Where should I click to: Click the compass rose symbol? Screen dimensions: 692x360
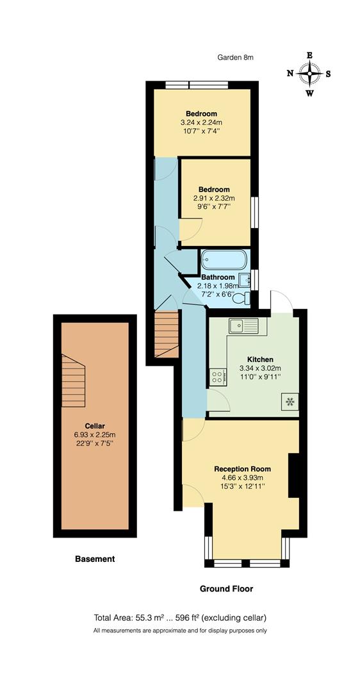coord(309,74)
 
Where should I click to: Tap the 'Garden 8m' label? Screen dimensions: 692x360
coord(235,57)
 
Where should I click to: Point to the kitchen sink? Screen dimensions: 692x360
coord(243,325)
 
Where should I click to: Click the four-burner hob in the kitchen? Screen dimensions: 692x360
coord(218,377)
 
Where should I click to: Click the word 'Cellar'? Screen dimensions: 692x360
coord(94,426)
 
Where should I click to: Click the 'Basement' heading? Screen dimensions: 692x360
coord(95,559)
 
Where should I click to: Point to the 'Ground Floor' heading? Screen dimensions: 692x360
coord(226,589)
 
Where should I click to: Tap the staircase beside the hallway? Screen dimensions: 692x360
coord(167,333)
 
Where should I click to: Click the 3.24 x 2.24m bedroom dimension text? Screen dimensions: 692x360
coord(201,122)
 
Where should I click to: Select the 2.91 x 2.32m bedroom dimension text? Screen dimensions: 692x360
coord(214,199)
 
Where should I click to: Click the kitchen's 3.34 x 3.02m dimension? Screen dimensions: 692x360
coord(260,368)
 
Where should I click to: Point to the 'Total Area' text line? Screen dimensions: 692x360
coord(180,618)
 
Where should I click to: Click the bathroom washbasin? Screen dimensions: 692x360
coord(244,278)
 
